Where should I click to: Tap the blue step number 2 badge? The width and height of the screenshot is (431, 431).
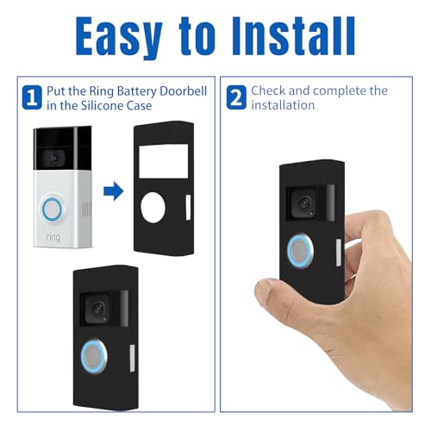(234, 95)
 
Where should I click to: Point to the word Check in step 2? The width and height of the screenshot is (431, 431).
(270, 91)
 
